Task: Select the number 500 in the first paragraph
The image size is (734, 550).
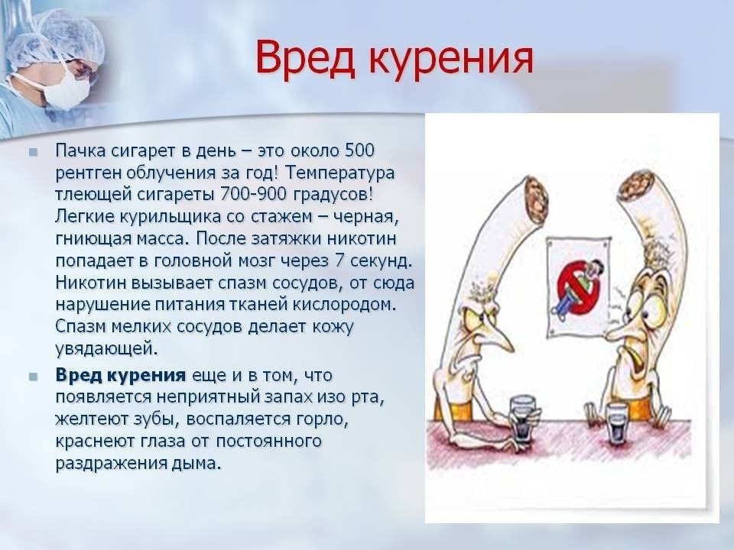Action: coord(359,150)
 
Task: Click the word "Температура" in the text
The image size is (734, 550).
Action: coord(339,173)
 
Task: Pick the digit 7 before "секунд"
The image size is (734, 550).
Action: coord(339,260)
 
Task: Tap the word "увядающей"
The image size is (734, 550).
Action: coord(106,349)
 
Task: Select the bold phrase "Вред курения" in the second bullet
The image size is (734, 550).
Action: coord(121,376)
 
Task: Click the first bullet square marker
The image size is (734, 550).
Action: coord(33,151)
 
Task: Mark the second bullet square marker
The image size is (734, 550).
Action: coord(33,377)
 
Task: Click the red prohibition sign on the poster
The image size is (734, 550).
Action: coord(579,289)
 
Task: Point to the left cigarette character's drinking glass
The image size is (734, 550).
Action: coord(522,418)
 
